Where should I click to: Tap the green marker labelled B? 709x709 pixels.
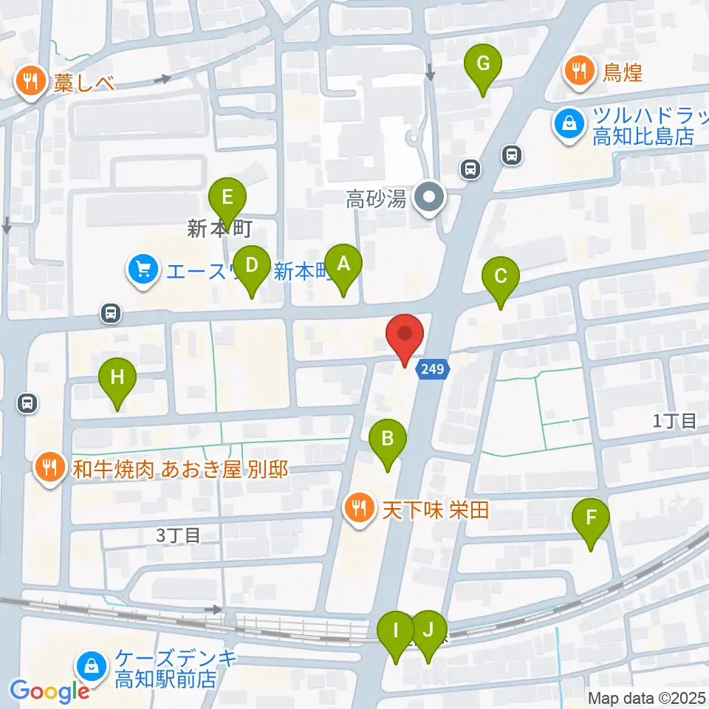(388, 441)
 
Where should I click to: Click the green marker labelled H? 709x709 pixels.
(117, 380)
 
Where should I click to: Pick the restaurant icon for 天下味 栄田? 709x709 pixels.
(360, 508)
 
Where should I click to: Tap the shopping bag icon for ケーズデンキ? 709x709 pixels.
(92, 666)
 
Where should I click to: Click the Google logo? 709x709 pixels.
(49, 691)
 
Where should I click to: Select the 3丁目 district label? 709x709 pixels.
(178, 535)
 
